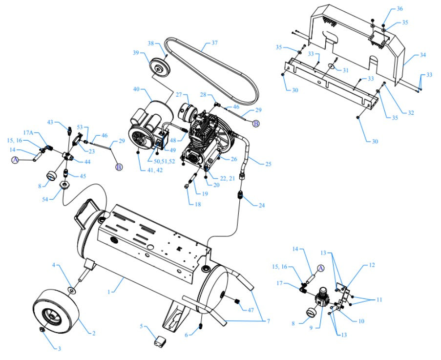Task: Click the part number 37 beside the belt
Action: (x=214, y=43)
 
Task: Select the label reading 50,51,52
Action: (x=165, y=161)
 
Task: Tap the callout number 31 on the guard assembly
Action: (x=345, y=70)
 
